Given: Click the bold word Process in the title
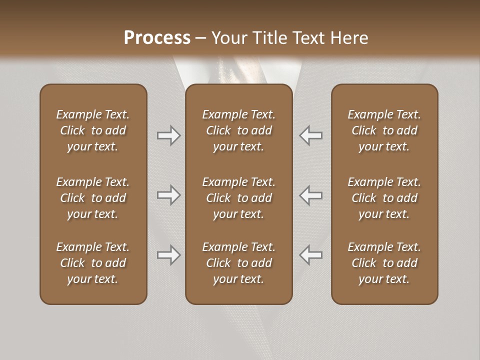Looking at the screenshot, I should click(x=157, y=38).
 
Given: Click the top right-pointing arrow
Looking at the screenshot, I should click(x=168, y=135).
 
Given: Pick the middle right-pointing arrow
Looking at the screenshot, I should click(x=168, y=195).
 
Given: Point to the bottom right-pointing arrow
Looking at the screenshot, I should click(x=168, y=255).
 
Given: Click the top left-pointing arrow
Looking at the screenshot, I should click(x=310, y=135).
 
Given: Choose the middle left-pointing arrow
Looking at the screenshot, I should click(x=310, y=195).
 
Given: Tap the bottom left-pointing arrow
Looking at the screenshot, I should click(x=310, y=255).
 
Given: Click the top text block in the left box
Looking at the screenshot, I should click(x=93, y=130).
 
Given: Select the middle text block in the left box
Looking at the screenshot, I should click(x=93, y=198).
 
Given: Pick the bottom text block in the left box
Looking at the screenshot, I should click(x=93, y=263).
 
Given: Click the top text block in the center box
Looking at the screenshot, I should click(x=238, y=130).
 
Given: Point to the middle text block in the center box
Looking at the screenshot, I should click(x=238, y=198).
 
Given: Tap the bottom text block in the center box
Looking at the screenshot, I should click(x=238, y=263).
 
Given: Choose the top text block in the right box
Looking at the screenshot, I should click(x=384, y=130).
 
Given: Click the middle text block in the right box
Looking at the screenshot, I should click(x=384, y=198).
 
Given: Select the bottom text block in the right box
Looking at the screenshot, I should click(x=384, y=263).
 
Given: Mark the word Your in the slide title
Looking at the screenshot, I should click(x=228, y=38).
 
